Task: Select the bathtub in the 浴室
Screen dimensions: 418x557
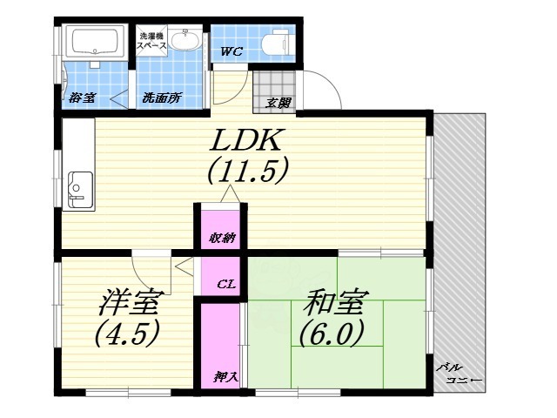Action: tap(96, 41)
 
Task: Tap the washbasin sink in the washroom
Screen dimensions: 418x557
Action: tap(185, 41)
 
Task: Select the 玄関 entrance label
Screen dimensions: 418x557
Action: tap(278, 104)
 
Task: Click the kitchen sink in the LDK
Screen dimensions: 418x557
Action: tap(80, 189)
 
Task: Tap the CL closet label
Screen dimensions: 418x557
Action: tap(223, 283)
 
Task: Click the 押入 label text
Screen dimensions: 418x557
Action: tap(222, 375)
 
